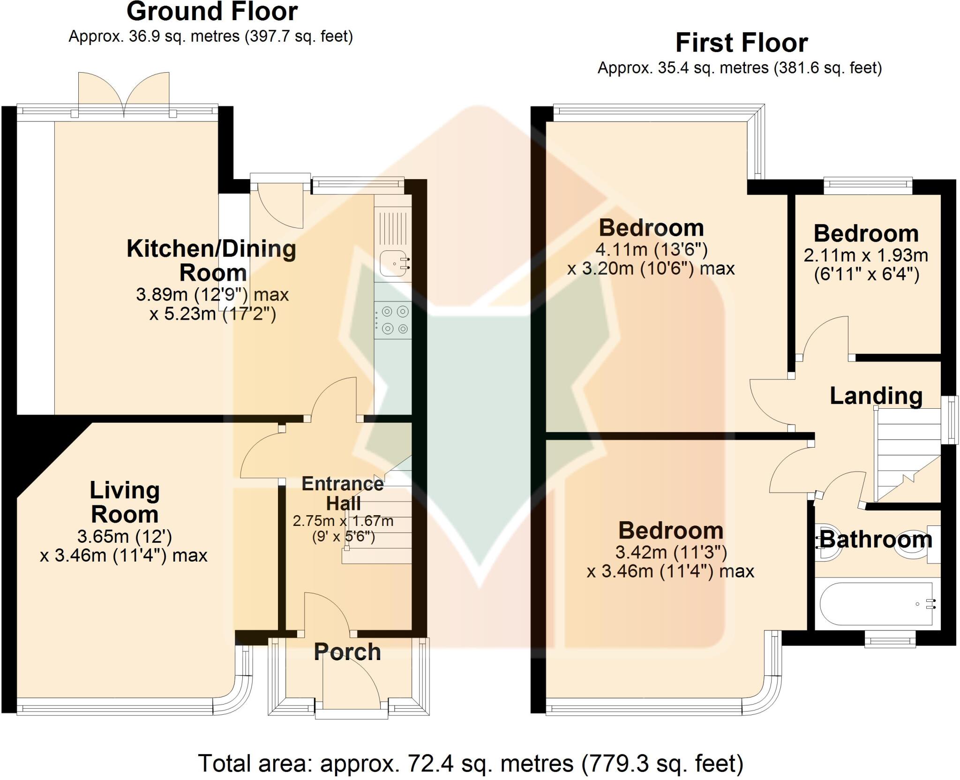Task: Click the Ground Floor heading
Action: click(212, 12)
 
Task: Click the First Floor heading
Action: click(741, 43)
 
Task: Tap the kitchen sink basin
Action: click(392, 263)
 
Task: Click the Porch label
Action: click(347, 652)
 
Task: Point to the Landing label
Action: click(876, 396)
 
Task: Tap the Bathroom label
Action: click(876, 540)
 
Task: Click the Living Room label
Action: click(125, 502)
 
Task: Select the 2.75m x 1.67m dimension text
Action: click(343, 521)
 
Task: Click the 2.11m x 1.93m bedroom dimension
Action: click(865, 255)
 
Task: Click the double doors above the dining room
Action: click(124, 94)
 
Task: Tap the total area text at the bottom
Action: click(471, 764)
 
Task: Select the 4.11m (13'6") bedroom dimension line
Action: click(651, 250)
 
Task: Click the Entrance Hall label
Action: click(343, 493)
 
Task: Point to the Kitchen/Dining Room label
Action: click(212, 261)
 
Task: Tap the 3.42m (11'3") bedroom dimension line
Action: click(671, 553)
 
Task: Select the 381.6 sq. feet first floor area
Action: click(828, 68)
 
